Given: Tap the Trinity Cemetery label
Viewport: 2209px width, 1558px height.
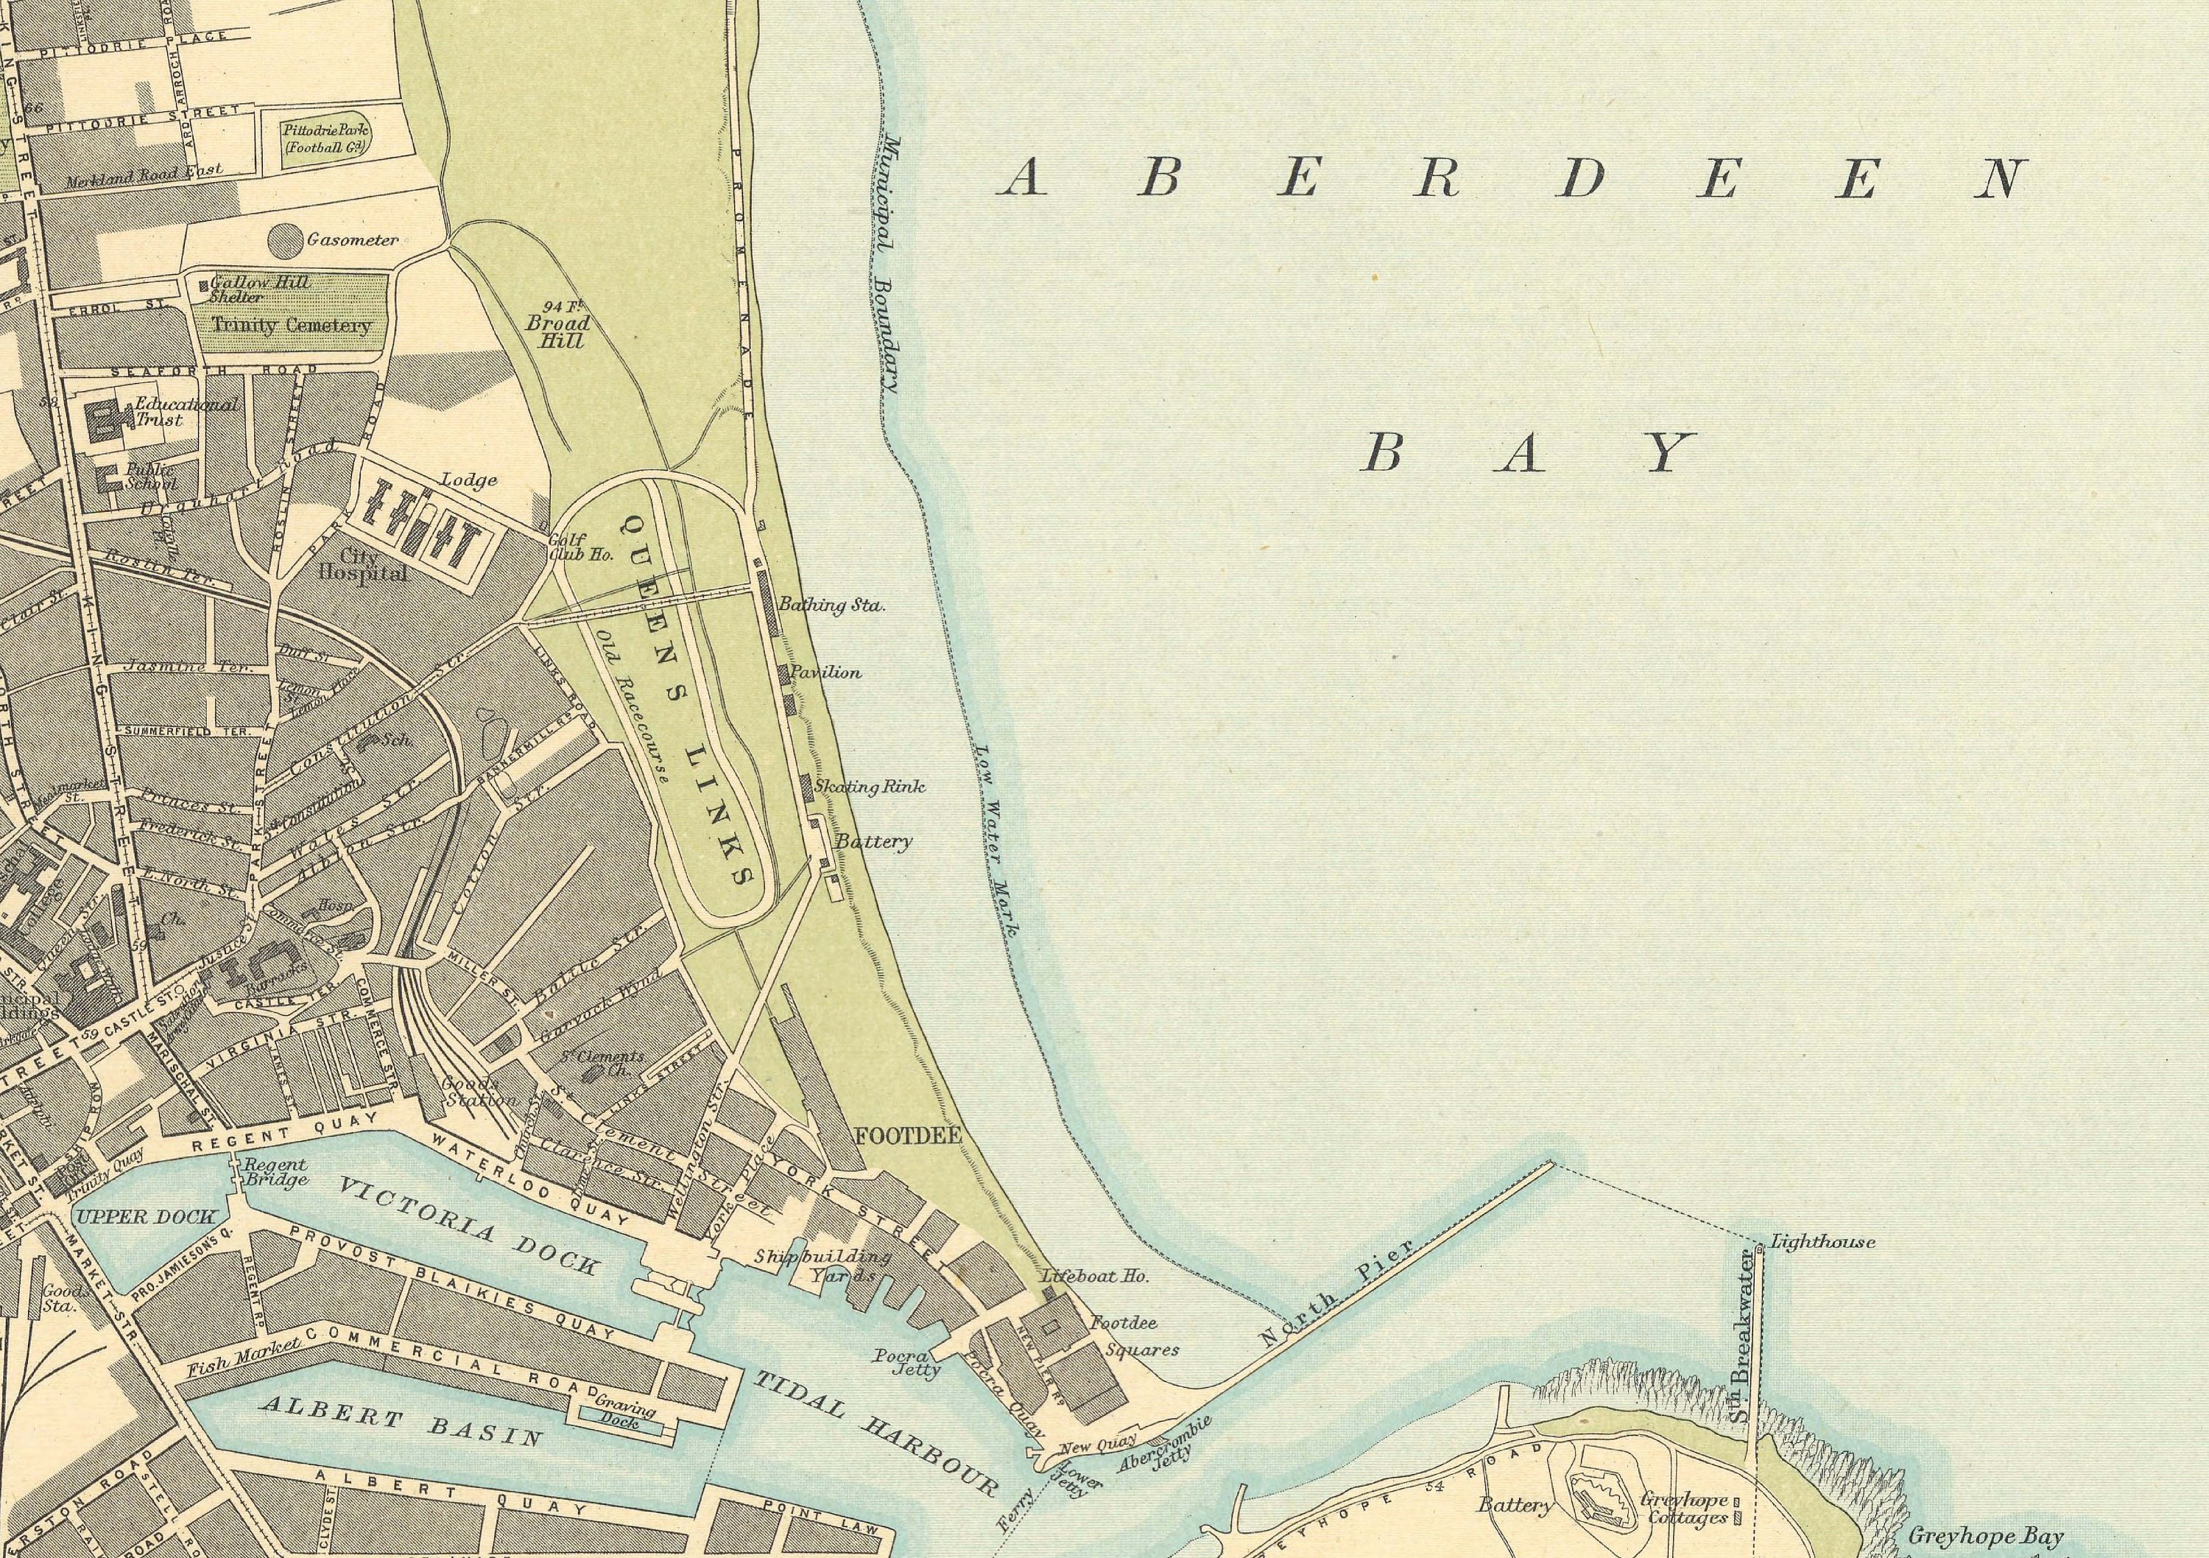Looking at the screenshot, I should click(291, 326).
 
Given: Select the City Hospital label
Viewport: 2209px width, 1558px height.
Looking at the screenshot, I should click(363, 565).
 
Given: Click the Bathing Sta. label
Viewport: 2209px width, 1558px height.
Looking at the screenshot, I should click(831, 606).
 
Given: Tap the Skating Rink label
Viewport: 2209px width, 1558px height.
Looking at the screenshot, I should click(869, 786).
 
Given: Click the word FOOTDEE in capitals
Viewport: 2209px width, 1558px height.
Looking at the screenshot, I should click(908, 1136).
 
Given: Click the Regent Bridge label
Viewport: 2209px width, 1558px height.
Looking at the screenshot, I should click(276, 1172).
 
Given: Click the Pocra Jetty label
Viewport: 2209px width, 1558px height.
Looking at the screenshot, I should click(906, 1363).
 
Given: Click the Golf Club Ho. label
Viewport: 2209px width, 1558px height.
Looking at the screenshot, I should click(580, 547).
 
